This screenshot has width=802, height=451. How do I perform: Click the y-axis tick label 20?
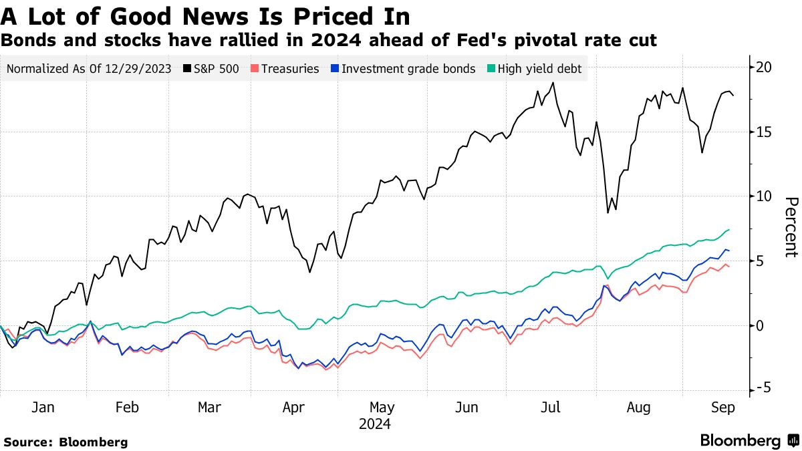click(x=764, y=67)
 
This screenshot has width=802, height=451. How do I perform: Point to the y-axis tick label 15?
click(x=763, y=132)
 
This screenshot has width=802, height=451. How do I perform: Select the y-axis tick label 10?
click(x=763, y=196)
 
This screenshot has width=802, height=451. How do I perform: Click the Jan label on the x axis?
click(x=43, y=408)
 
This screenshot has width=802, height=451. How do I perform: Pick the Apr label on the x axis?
click(x=295, y=408)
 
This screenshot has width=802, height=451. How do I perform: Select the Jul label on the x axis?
click(x=551, y=408)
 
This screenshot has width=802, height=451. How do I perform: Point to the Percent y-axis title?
click(x=791, y=227)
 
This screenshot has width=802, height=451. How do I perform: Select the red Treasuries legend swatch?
click(x=255, y=69)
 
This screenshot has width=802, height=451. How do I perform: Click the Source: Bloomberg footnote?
click(x=65, y=442)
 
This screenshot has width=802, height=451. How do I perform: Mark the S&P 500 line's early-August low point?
click(x=608, y=212)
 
